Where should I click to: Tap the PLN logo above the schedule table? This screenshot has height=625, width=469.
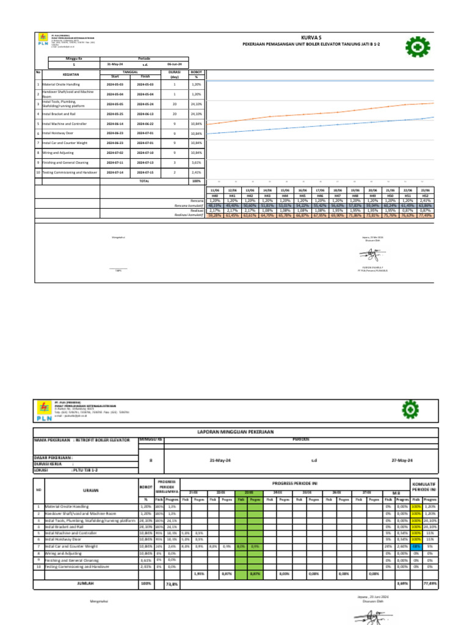pos(43,46)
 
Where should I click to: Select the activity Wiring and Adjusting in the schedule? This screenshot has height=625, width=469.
pos(57,152)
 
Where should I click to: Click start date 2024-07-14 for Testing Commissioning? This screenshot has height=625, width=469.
pos(114,173)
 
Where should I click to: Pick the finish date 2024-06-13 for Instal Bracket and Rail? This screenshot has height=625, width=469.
pos(145,114)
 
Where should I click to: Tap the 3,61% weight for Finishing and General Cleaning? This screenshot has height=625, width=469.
pos(196,163)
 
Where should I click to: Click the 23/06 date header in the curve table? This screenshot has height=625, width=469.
pos(425,190)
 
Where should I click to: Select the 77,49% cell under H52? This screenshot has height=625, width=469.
pos(425,215)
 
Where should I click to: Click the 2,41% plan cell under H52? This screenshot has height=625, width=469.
pos(425,200)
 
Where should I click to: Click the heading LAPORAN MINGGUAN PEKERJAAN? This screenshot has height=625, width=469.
pos(235,432)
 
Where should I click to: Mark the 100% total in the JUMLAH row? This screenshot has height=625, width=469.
pos(145,583)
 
